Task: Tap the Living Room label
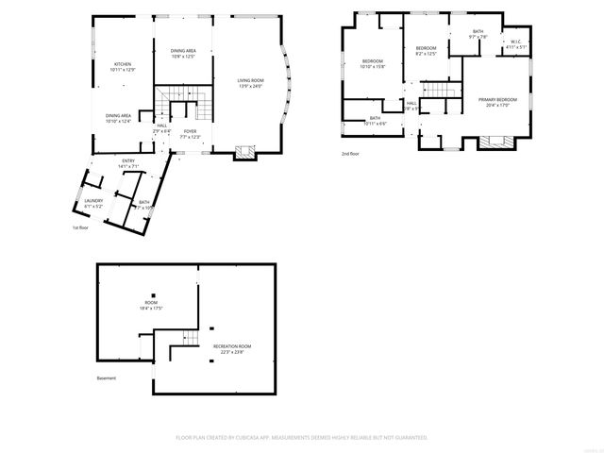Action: [250, 84]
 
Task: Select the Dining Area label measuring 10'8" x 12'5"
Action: [183, 54]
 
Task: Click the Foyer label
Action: [190, 134]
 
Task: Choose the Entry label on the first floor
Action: [128, 164]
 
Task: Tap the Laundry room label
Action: [93, 203]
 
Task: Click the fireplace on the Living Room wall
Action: [244, 151]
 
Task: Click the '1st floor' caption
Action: [81, 228]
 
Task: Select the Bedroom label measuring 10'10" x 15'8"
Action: [374, 64]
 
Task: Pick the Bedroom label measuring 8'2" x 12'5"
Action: [427, 51]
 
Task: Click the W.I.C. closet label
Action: [516, 43]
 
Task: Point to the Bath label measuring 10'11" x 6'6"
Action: [375, 120]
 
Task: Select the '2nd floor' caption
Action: [350, 154]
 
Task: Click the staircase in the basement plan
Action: [190, 339]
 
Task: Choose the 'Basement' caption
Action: [107, 378]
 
